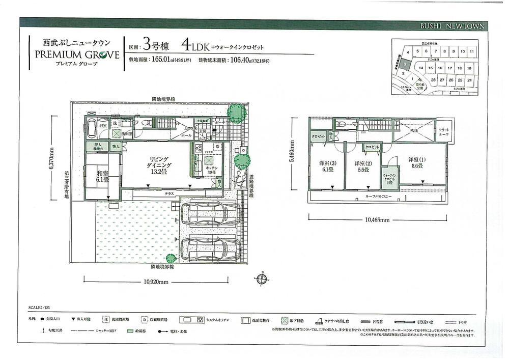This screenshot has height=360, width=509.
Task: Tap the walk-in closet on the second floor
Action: [390, 177]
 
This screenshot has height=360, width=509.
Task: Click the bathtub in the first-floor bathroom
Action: [92, 127]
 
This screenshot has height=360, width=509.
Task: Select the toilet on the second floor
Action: [341, 125]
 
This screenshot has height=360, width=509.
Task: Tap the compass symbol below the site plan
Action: [261, 279]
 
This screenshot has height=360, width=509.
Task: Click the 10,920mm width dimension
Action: [156, 281]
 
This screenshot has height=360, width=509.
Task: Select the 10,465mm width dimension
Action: [377, 220]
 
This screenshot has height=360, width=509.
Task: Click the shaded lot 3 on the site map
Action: [404, 65]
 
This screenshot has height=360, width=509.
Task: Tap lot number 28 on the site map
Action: [433, 80]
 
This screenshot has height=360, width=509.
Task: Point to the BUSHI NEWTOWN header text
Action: [453, 25]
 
